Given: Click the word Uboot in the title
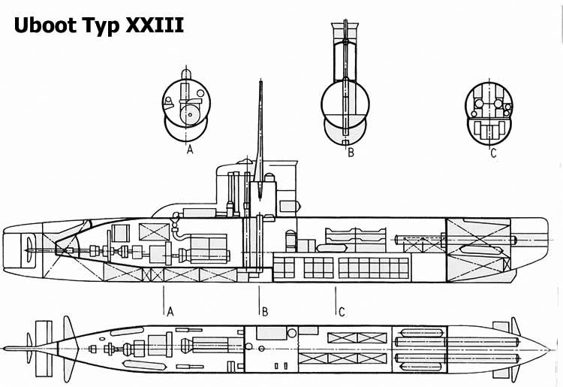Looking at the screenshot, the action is coord(45,25).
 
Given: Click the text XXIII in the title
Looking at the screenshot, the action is coord(155,25).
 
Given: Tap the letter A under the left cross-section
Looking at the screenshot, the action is coord(190,149).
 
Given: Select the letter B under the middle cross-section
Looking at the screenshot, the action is coord(351,153).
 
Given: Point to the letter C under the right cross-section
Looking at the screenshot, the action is coord(493,153).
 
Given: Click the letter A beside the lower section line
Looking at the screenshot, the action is coord(170,312).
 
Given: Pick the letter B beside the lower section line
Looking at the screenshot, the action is coord(265,312).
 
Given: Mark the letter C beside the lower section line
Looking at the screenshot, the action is coord(342,312).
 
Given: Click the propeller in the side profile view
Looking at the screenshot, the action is coord(29,249).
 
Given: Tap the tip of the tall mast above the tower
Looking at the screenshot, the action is coord(261,82).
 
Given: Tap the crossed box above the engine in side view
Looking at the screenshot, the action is coord(154,231).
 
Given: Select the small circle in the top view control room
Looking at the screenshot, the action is coord(292,333).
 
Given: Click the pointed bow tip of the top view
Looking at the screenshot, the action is coord(549,349).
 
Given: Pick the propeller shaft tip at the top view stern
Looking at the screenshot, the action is coord(5,349).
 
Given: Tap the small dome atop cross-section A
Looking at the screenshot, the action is coord(186,74).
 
